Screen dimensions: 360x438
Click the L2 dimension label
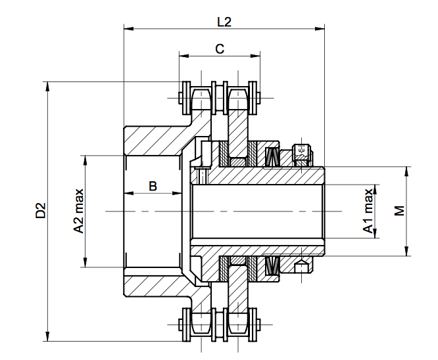point(224,21)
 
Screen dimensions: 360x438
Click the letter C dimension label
point(220,49)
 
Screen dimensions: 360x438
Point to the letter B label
point(153,186)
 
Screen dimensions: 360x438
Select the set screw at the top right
point(301,152)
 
